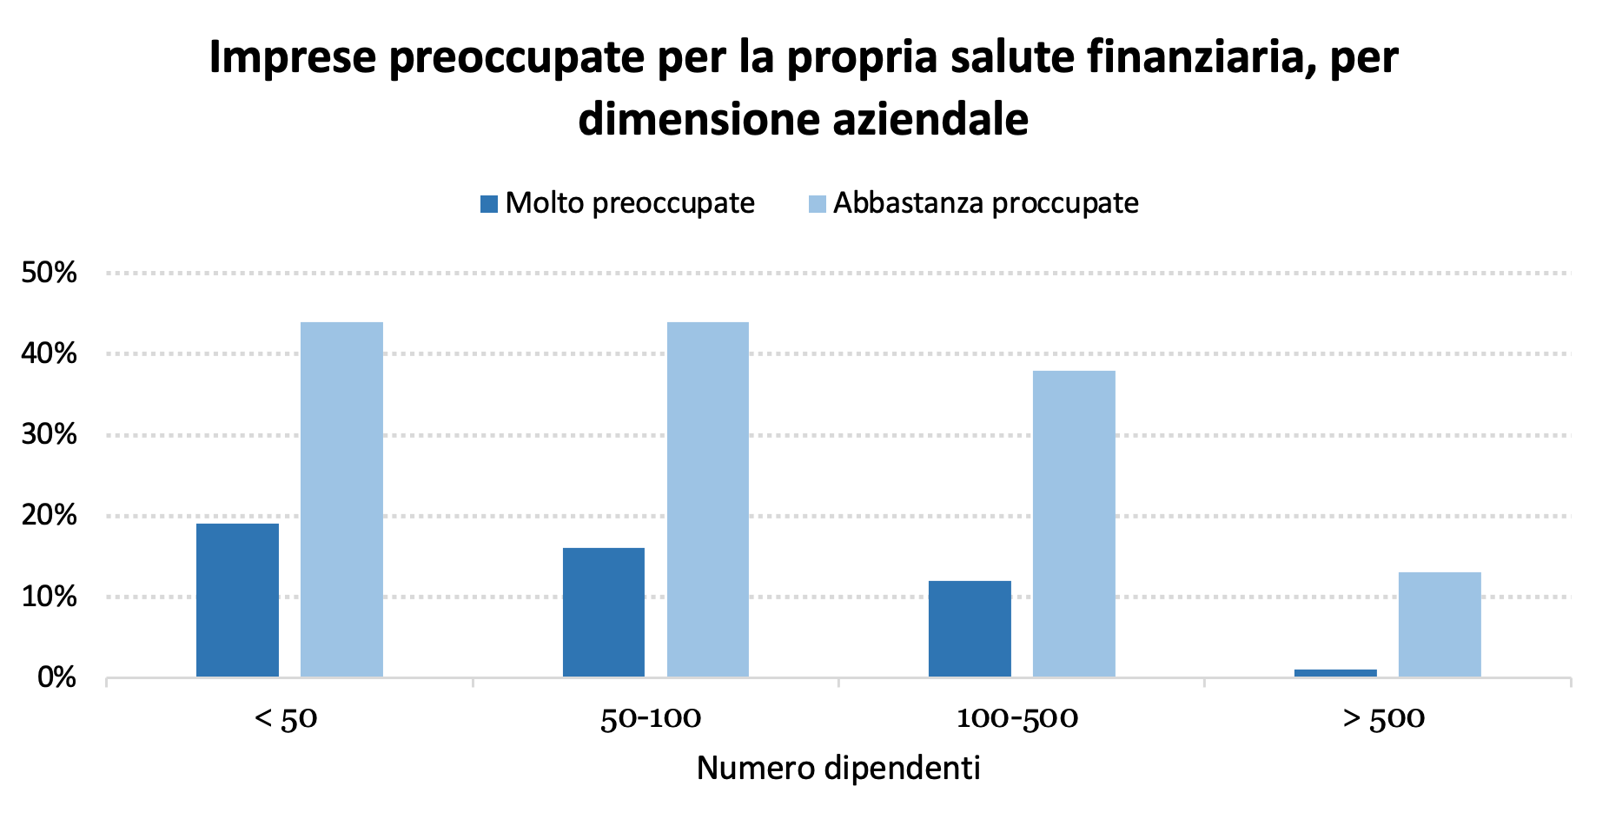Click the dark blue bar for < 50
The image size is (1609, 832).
click(237, 600)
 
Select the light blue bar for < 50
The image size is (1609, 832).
click(341, 499)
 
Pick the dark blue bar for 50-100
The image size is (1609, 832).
click(604, 612)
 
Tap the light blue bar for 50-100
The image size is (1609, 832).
click(708, 499)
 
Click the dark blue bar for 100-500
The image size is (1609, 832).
click(970, 629)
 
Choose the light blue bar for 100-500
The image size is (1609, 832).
click(1074, 524)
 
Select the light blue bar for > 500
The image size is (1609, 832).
click(1440, 624)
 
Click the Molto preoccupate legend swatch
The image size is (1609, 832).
click(489, 204)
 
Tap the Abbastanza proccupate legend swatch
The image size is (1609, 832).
click(817, 204)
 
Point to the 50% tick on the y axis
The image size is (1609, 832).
click(49, 274)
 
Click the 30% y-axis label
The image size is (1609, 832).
click(49, 434)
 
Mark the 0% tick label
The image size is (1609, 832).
click(57, 677)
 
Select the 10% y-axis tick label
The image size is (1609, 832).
click(49, 597)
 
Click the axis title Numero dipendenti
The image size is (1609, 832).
click(838, 769)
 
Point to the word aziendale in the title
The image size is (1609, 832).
click(930, 119)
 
